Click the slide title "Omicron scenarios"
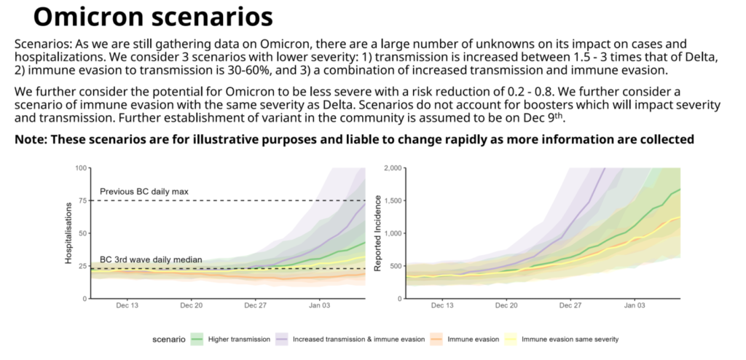(x=153, y=17)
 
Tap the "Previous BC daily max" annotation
(x=144, y=192)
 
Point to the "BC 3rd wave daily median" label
(x=151, y=260)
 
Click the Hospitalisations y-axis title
(x=68, y=233)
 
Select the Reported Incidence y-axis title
(x=378, y=233)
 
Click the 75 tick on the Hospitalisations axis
(x=82, y=200)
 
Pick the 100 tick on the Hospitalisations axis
(x=80, y=168)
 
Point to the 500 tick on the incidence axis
(x=395, y=266)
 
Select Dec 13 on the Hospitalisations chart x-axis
(x=127, y=305)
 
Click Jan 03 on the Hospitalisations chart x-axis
(x=320, y=305)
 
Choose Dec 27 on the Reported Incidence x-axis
(x=570, y=305)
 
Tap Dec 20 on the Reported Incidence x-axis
(x=506, y=305)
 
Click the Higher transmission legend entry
(x=230, y=340)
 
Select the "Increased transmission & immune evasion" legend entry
(x=350, y=340)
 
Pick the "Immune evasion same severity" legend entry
(x=562, y=340)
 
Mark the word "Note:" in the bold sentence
(x=31, y=139)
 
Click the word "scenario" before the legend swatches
(x=169, y=340)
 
